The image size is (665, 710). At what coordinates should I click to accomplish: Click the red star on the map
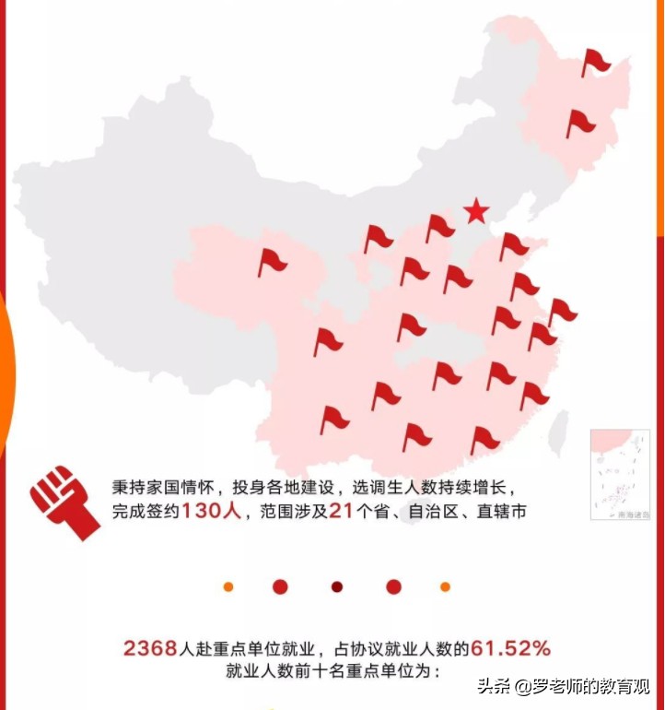coord(475,212)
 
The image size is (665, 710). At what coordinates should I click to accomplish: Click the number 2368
coord(149,648)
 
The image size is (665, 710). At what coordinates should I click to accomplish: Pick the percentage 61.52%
coord(511,648)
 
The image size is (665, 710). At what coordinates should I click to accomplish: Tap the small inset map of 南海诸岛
coord(620,474)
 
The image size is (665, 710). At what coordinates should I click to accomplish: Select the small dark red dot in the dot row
coord(337,586)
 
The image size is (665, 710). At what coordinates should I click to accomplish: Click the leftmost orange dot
coord(228,586)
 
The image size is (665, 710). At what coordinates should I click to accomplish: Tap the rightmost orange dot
coord(446,586)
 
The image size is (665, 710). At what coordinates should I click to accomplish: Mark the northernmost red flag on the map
coord(594,63)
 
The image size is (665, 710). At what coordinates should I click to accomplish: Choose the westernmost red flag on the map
coord(271,262)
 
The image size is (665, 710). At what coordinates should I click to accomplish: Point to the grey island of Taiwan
coord(558,433)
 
